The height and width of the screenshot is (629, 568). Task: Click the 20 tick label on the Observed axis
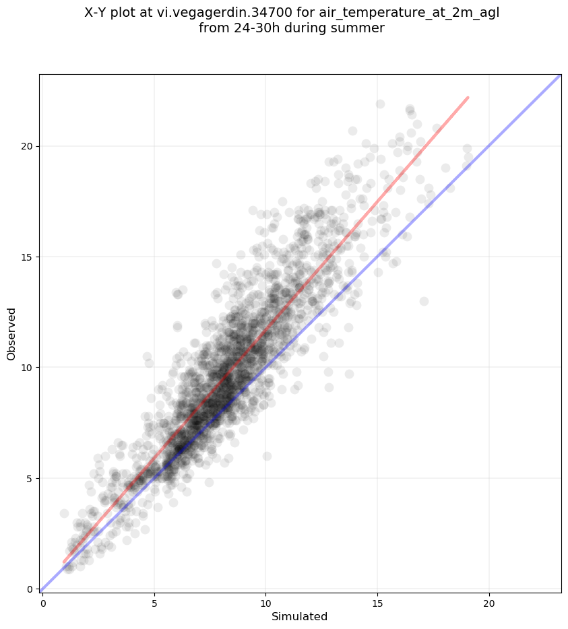coord(28,146)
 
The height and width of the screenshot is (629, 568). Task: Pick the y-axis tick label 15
coord(28,257)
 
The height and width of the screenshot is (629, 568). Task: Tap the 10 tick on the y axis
coord(28,368)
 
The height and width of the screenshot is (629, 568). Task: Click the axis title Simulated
coord(299,617)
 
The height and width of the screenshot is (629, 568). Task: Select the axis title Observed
coord(11,334)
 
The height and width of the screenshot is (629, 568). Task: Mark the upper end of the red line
coord(468,98)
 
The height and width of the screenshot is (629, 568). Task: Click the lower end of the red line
coord(64,562)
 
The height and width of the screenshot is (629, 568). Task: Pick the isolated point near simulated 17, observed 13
coord(424,301)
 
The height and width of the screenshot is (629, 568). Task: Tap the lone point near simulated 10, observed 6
coord(267,456)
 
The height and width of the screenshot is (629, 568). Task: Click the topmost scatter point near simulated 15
coord(380,104)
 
